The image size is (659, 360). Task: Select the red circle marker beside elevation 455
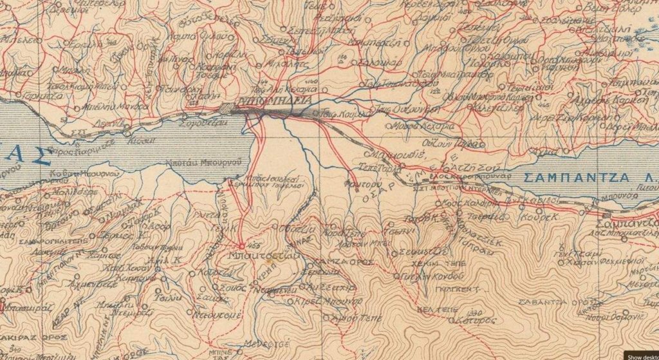pos(242,245)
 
